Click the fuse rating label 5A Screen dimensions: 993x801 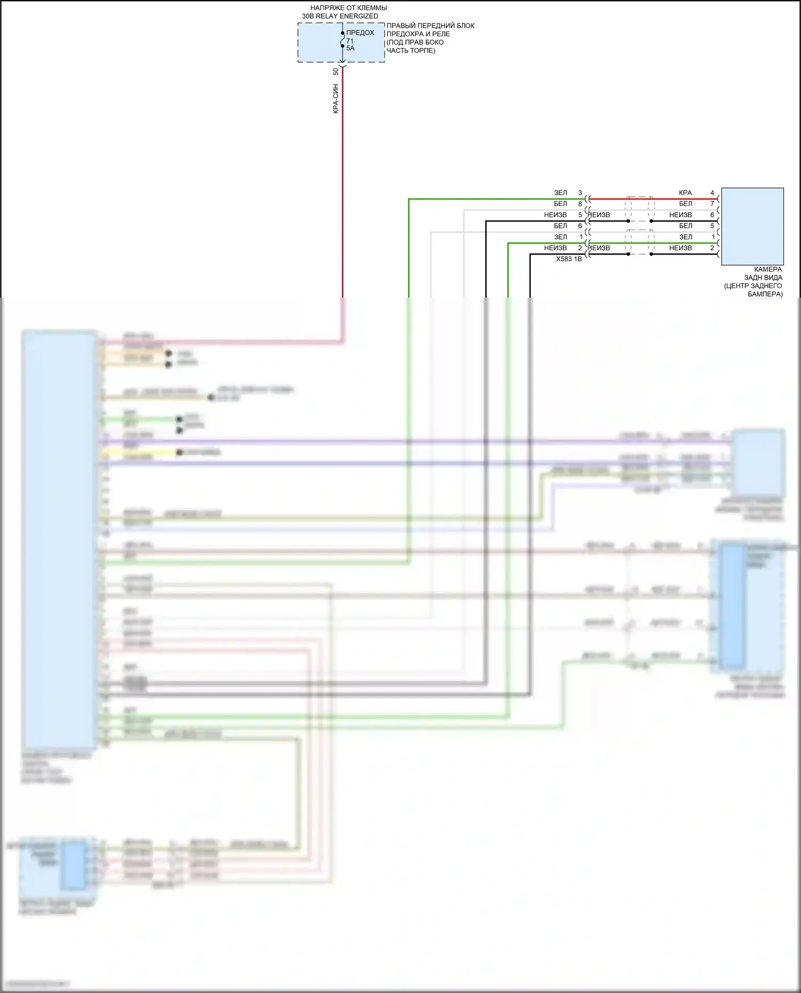350,49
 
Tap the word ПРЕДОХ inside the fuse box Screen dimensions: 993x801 360,33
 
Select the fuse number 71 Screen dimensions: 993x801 350,41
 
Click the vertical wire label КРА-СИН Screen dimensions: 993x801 336,99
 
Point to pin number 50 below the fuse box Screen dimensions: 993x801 336,72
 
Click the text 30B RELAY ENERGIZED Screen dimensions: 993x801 340,16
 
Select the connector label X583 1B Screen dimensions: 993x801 569,259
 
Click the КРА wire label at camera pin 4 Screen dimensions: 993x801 685,193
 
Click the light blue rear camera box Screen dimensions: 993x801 752,226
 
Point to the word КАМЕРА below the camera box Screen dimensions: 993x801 768,269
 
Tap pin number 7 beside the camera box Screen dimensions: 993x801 712,204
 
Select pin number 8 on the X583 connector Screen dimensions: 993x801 580,204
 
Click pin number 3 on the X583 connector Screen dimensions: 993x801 580,193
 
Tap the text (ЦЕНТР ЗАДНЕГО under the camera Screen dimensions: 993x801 753,286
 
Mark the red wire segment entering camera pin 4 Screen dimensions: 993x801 684,199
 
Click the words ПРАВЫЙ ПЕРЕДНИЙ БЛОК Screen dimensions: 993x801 430,26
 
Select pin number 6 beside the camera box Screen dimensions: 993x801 712,215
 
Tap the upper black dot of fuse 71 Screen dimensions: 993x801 343,33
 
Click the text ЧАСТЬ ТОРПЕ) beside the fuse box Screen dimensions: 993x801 411,51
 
